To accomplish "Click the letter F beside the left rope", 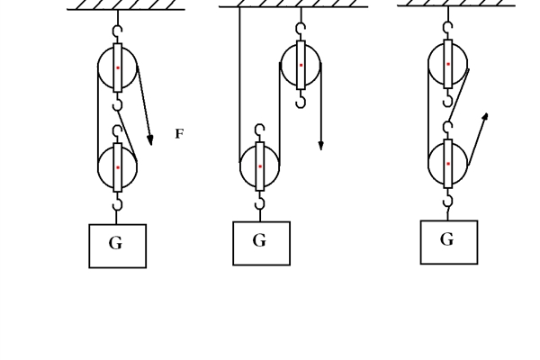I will pyautogui.click(x=178, y=134).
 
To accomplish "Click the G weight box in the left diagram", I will pyautogui.click(x=117, y=246).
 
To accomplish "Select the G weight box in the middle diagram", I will pyautogui.click(x=261, y=243).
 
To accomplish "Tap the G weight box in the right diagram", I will pyautogui.click(x=448, y=242).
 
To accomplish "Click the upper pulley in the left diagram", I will pyautogui.click(x=117, y=67).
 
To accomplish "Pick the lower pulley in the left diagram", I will pyautogui.click(x=117, y=167).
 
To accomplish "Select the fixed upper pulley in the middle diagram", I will pyautogui.click(x=301, y=65).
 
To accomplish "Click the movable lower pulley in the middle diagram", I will pyautogui.click(x=260, y=166).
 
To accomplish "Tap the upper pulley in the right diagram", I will pyautogui.click(x=447, y=64).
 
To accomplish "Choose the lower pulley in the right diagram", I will pyautogui.click(x=447, y=164).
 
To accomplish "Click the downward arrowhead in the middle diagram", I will pyautogui.click(x=320, y=145).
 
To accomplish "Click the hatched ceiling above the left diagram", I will pyautogui.click(x=126, y=5).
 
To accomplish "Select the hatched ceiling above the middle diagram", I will pyautogui.click(x=293, y=4).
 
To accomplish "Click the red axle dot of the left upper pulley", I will pyautogui.click(x=117, y=67).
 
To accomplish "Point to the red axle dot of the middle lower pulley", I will pyautogui.click(x=260, y=166).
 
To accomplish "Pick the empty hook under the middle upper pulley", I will pyautogui.click(x=301, y=100).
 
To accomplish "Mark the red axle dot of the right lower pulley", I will pyautogui.click(x=447, y=164).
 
